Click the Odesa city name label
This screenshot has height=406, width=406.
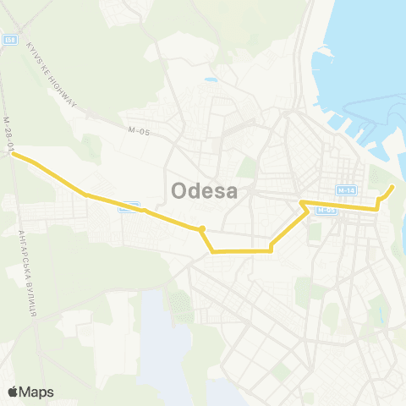[204, 191]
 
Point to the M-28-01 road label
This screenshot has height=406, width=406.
[11, 135]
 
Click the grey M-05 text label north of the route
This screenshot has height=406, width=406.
[139, 130]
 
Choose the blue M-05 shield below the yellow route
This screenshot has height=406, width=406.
[326, 211]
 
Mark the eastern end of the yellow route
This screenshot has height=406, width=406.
[392, 187]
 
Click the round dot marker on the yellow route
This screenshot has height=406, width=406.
[201, 228]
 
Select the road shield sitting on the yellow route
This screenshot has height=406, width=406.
[129, 206]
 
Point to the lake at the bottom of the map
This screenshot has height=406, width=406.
[161, 338]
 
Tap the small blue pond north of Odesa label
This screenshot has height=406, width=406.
[211, 81]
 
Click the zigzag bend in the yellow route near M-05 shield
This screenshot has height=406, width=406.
[302, 203]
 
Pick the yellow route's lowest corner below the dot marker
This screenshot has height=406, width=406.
[212, 251]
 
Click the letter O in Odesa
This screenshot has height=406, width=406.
[180, 191]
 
